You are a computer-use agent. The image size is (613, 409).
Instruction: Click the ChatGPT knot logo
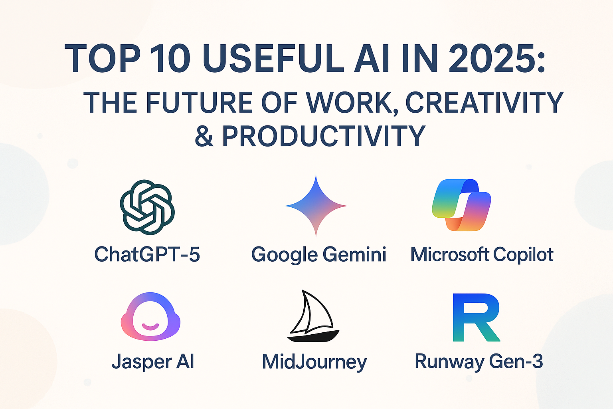point(147,207)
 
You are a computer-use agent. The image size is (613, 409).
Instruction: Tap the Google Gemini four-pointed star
point(316,206)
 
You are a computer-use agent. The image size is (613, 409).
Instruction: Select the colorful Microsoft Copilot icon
point(461,205)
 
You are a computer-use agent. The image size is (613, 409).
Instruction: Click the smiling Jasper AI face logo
point(150,317)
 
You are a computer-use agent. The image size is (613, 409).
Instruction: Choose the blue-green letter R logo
point(477,318)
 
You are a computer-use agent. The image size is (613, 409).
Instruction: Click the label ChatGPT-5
point(147,254)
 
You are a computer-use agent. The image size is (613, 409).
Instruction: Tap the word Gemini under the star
point(354,254)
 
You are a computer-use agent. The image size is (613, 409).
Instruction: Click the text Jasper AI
point(153,361)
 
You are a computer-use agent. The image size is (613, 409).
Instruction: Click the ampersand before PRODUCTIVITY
point(204,136)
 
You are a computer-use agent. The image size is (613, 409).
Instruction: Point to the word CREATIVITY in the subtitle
point(484,103)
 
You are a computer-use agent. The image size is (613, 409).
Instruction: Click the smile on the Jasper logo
point(150,326)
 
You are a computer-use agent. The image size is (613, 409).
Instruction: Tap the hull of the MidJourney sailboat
point(313,336)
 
